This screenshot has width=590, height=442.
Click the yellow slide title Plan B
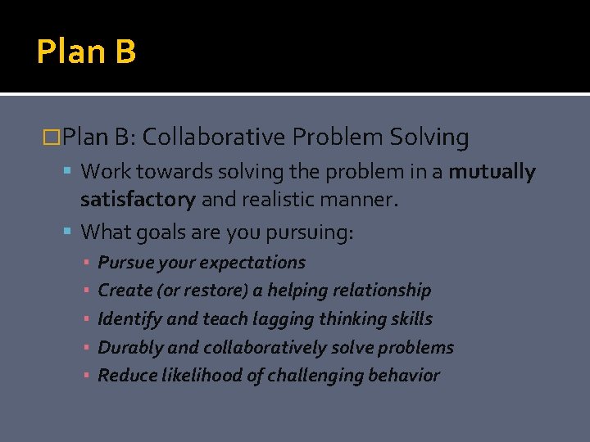pos(86,52)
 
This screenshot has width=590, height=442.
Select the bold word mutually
pos(492,172)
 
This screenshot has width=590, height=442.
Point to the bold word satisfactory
pos(138,199)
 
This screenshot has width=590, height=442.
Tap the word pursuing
pos(311,232)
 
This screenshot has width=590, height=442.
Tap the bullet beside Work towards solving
pos(70,172)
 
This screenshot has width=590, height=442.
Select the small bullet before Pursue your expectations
pos(86,264)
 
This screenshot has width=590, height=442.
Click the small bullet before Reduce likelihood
pos(86,377)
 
